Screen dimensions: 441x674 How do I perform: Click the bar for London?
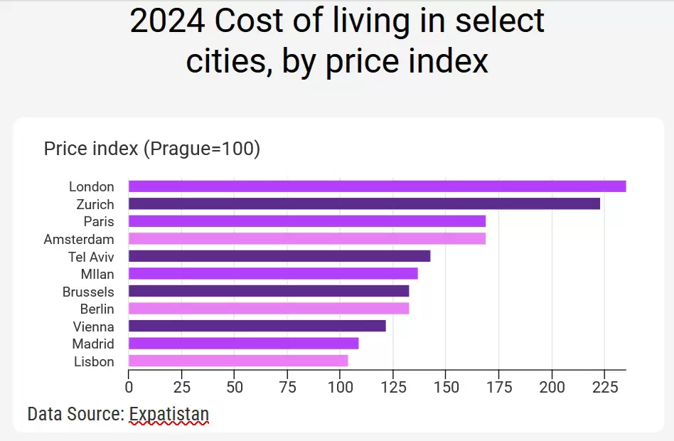click(377, 186)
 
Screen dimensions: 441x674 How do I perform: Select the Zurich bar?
click(364, 204)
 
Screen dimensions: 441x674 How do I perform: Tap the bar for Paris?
click(307, 221)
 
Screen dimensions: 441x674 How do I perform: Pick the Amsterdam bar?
click(307, 239)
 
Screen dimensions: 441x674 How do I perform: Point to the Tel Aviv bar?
click(279, 256)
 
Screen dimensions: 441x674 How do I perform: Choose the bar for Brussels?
click(269, 291)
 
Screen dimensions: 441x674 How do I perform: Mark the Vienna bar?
click(257, 326)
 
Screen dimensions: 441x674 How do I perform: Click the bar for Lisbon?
click(238, 361)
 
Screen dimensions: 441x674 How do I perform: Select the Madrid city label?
click(93, 344)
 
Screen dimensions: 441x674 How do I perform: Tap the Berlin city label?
click(97, 309)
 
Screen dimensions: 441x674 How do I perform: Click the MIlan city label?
click(97, 274)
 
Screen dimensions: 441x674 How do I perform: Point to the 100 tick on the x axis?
click(340, 388)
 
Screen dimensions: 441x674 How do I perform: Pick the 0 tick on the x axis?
click(129, 388)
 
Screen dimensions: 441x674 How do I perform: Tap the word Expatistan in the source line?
click(169, 413)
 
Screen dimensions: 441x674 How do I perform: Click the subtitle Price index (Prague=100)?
click(152, 149)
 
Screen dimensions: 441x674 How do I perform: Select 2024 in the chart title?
click(167, 21)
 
